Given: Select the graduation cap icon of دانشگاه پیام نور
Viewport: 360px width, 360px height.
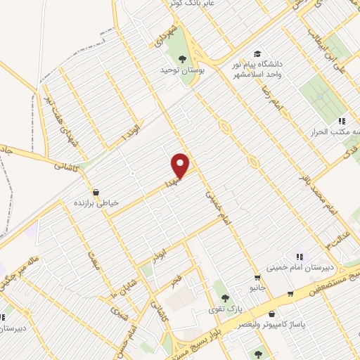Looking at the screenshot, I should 257,53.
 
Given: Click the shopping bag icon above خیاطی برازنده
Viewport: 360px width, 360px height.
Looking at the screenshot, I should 96,191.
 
